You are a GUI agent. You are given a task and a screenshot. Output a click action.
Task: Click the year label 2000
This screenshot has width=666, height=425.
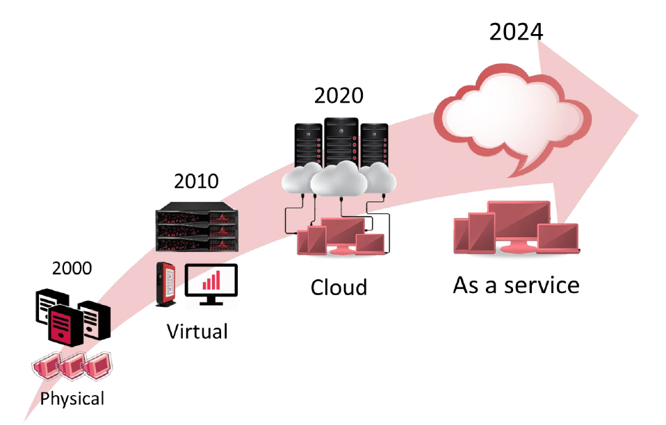(x=72, y=268)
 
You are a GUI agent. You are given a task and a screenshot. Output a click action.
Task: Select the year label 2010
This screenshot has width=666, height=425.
(x=196, y=182)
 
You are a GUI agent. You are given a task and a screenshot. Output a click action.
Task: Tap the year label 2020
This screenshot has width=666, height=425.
(x=339, y=95)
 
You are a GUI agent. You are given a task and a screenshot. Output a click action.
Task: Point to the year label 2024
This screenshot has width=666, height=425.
(x=516, y=32)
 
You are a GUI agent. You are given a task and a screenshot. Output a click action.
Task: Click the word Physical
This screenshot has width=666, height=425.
(x=72, y=399)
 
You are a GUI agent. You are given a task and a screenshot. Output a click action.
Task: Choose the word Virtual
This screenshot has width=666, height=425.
(x=197, y=331)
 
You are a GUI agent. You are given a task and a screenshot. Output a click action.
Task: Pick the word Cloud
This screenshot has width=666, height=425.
(x=339, y=287)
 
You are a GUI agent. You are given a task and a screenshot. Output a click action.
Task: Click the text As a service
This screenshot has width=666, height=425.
(x=516, y=285)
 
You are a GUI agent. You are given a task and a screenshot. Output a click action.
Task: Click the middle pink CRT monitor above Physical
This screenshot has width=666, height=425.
(x=73, y=365)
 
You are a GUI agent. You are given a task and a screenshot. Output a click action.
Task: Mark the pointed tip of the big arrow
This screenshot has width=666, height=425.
(x=638, y=112)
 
